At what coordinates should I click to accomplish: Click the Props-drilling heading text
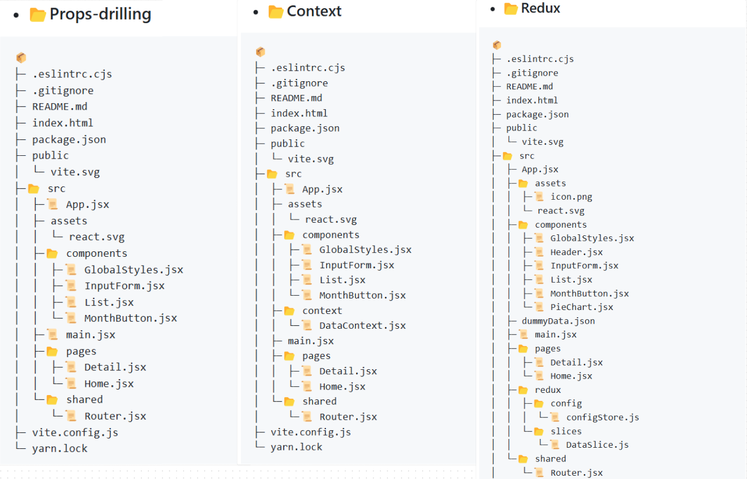pos(100,14)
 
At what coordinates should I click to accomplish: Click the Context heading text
pos(314,12)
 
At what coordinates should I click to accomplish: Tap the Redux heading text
pos(540,8)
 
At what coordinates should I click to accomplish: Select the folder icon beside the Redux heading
pos(511,9)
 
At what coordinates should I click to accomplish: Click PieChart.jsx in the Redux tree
pos(582,307)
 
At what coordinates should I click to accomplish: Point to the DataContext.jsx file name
pos(362,326)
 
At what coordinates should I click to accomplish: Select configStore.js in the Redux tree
pos(602,418)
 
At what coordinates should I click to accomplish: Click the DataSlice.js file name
pos(597,445)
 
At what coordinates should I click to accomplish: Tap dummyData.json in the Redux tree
pos(558,321)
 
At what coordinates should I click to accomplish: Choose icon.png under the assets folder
pos(571,197)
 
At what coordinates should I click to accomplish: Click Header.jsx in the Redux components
pos(576,252)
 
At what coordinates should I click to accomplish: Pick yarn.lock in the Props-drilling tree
pos(60,448)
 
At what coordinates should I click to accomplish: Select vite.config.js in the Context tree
pos(311,432)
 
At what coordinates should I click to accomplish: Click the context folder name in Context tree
pos(322,311)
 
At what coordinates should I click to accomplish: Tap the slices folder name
pos(566,431)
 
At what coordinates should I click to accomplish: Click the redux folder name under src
pos(548,390)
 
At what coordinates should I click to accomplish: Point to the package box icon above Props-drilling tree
pos(21,58)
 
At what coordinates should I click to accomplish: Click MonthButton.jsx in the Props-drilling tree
pos(131,318)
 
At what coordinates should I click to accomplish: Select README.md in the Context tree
pos(296,98)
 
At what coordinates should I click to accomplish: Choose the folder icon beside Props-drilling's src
pos(33,189)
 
